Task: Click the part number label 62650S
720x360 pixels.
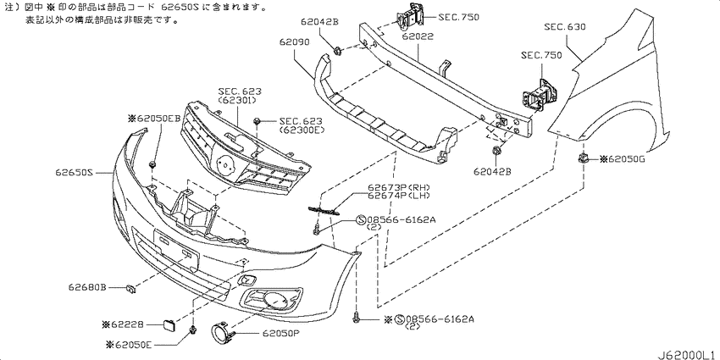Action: (75, 173)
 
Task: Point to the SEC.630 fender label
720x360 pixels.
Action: (564, 27)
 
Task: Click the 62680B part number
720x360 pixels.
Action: (88, 288)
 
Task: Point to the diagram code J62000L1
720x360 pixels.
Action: (685, 352)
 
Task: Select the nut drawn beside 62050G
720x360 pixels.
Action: (584, 158)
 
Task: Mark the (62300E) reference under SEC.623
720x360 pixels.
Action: (301, 131)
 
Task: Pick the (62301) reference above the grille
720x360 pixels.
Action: (240, 99)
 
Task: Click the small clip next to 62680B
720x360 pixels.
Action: (130, 289)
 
